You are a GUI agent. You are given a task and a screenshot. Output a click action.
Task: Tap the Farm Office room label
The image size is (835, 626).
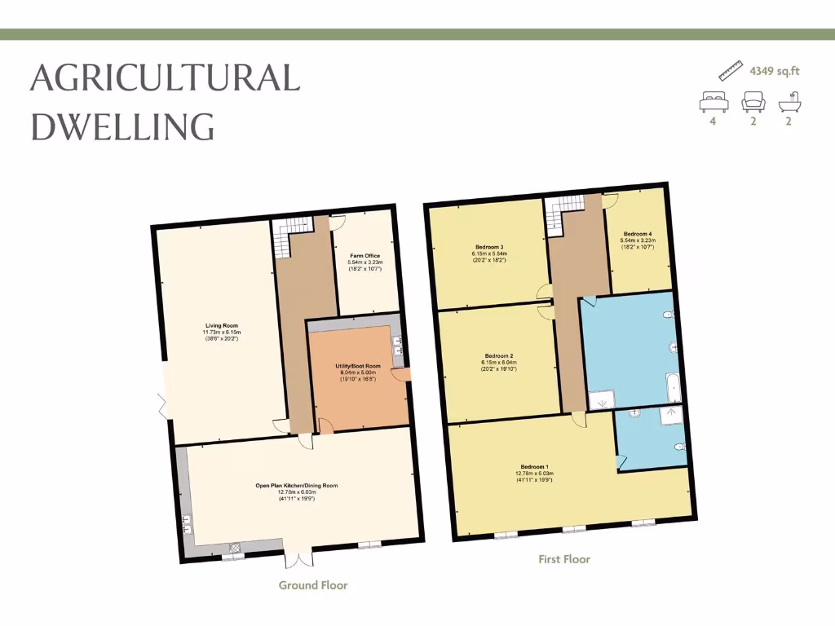click(x=365, y=256)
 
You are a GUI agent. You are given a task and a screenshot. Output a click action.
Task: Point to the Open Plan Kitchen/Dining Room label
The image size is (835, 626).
click(x=296, y=485)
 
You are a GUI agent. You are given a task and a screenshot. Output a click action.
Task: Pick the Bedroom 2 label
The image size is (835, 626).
click(x=499, y=356)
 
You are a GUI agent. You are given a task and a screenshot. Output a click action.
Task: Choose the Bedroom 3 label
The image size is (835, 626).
click(x=490, y=247)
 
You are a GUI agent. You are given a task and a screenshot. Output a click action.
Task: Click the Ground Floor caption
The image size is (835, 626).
click(x=313, y=585)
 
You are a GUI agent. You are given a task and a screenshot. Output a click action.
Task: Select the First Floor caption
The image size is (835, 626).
click(x=564, y=559)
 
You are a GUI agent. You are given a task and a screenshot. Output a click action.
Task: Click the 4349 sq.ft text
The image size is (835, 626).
click(x=775, y=71)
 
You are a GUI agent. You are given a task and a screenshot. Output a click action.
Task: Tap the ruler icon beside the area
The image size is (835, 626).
click(x=731, y=70)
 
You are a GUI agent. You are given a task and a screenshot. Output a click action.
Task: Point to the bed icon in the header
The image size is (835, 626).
click(x=713, y=102)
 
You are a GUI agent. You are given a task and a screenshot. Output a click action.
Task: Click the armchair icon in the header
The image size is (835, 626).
click(x=753, y=102)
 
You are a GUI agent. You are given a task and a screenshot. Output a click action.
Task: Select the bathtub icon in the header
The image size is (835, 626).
click(x=789, y=103)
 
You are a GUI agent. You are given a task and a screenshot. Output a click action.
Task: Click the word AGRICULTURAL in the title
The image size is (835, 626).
click(x=165, y=78)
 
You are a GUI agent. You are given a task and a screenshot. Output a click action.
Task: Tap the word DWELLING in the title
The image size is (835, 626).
click(x=122, y=126)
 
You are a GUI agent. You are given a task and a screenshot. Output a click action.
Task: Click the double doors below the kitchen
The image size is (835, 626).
click(x=298, y=558)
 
